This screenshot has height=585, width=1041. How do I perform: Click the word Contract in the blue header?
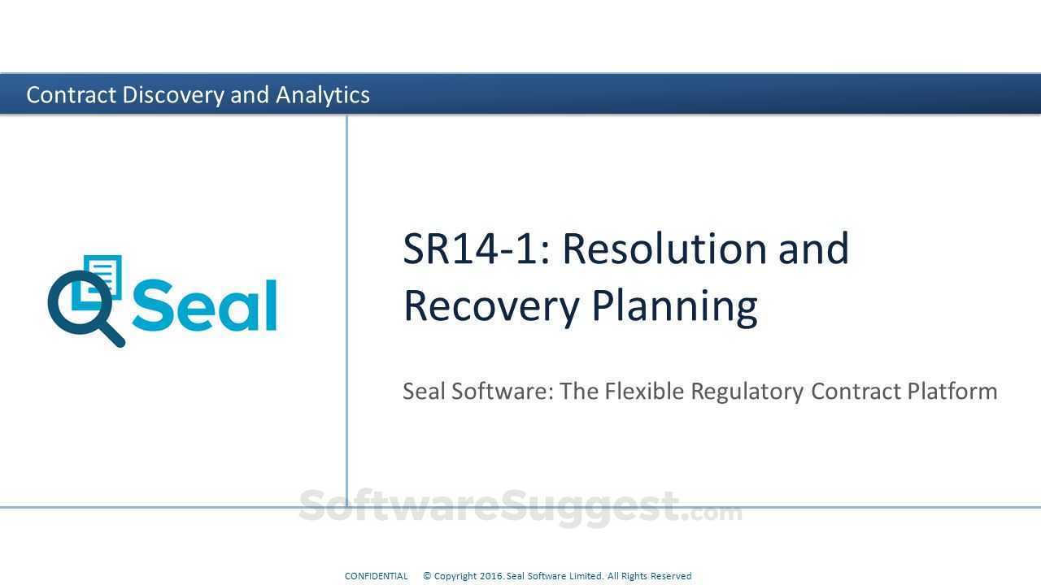point(72,95)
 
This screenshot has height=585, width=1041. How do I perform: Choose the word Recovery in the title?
point(490,305)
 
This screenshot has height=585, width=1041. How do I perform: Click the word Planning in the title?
point(674,306)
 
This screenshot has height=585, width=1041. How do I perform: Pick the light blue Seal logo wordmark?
point(204,306)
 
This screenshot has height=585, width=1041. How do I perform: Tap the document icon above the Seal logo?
point(103,275)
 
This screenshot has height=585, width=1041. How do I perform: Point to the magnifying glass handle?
point(113,334)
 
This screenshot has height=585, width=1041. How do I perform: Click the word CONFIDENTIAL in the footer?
point(376,576)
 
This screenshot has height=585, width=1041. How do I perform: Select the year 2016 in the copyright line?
point(490,576)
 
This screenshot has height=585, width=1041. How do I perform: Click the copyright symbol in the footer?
point(427,576)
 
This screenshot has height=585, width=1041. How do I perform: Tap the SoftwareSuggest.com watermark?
point(520,507)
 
